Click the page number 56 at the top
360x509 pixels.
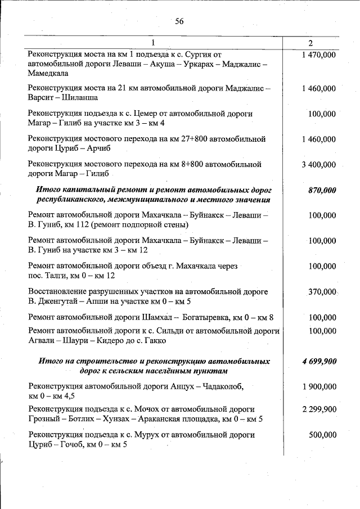tap(179, 21)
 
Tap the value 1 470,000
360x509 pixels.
tap(319, 55)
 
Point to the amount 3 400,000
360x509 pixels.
tap(319, 165)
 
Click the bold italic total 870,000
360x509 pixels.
tap(322, 190)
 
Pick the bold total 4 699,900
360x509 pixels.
tap(319, 361)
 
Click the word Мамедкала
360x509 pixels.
tap(48, 73)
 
